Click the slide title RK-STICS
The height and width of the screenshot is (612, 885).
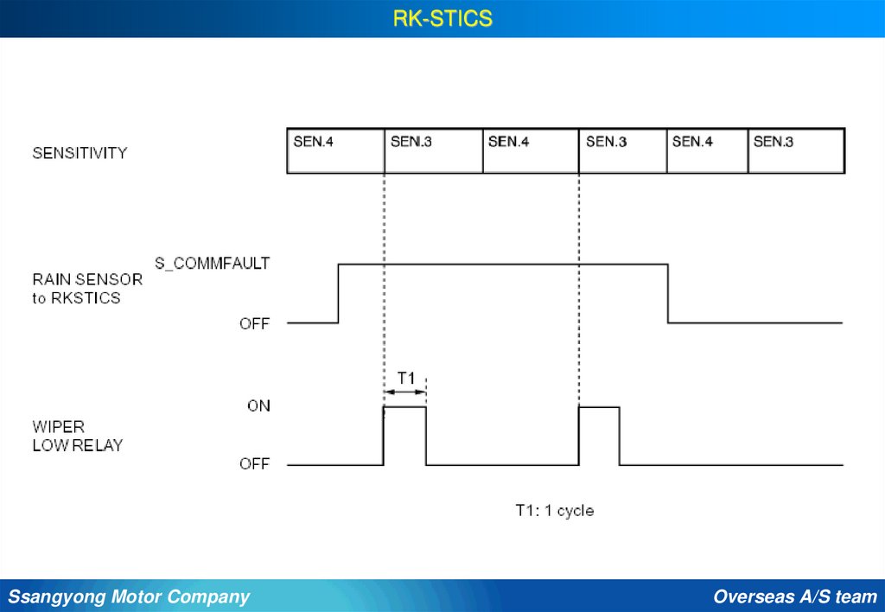coord(442,18)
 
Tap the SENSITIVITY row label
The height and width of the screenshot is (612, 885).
coord(80,153)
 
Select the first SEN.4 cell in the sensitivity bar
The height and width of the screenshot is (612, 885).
coord(335,151)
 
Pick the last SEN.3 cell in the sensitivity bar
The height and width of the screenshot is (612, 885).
coord(796,151)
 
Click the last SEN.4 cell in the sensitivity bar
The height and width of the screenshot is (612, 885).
coord(707,151)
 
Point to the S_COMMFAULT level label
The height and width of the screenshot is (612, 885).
coord(212,263)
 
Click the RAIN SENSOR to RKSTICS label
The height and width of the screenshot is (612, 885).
coord(87,289)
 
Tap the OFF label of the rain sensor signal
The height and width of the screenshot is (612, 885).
coord(254,324)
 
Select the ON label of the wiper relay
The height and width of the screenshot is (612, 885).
coord(258,405)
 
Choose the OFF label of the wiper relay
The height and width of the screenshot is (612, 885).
coord(254,464)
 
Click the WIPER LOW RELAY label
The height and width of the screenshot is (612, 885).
coord(78,437)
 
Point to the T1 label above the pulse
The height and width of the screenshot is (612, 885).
coord(406,378)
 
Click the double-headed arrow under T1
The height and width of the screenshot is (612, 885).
coord(404,392)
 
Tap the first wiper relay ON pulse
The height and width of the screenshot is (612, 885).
coord(404,436)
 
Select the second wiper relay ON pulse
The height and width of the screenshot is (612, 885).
coord(598,436)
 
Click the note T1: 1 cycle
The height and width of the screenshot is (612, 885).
coord(554,510)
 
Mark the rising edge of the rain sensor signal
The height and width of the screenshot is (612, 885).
coord(338,293)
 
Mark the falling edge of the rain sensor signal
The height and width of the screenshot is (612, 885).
coord(668,293)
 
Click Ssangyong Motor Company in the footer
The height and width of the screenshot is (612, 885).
coord(129,596)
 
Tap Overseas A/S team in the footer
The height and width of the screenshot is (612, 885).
coord(795,596)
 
